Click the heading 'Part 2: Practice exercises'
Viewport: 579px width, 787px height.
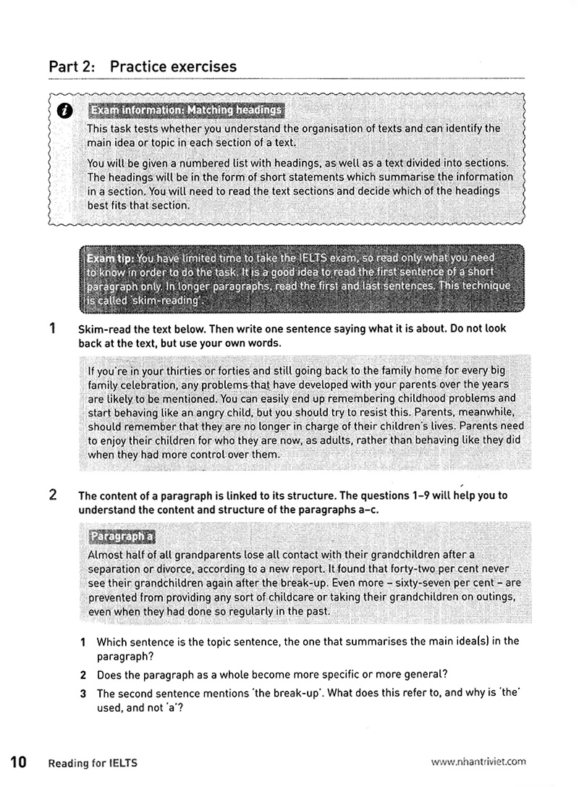pos(143,67)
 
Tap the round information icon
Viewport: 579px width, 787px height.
pos(65,110)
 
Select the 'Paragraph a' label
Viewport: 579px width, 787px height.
pos(121,536)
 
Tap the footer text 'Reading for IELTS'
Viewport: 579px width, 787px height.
pos(93,762)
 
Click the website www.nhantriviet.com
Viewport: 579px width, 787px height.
pos(478,762)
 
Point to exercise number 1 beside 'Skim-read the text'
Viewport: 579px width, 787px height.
pos(53,328)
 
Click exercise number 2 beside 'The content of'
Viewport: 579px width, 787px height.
pos(53,496)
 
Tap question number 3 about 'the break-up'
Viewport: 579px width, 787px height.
pos(84,694)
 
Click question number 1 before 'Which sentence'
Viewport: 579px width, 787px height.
pos(84,642)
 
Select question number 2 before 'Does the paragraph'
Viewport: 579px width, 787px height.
pos(84,673)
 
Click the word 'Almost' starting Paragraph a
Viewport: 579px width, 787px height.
pos(106,555)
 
